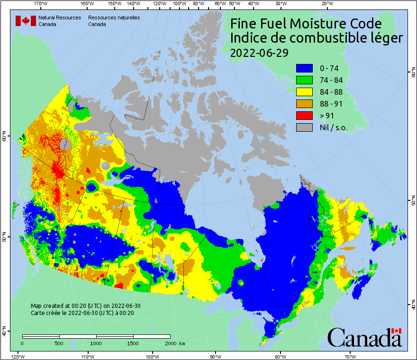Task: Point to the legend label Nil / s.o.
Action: (333, 127)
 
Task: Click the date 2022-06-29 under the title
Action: (259, 53)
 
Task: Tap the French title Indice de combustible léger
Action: (316, 38)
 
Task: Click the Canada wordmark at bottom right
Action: (364, 338)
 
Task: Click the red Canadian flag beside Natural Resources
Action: (26, 21)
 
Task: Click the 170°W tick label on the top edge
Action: (42, 4)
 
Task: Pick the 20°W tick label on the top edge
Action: (326, 4)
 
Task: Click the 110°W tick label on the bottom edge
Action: (87, 356)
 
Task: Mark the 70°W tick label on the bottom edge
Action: (350, 356)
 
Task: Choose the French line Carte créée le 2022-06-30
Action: (82, 313)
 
